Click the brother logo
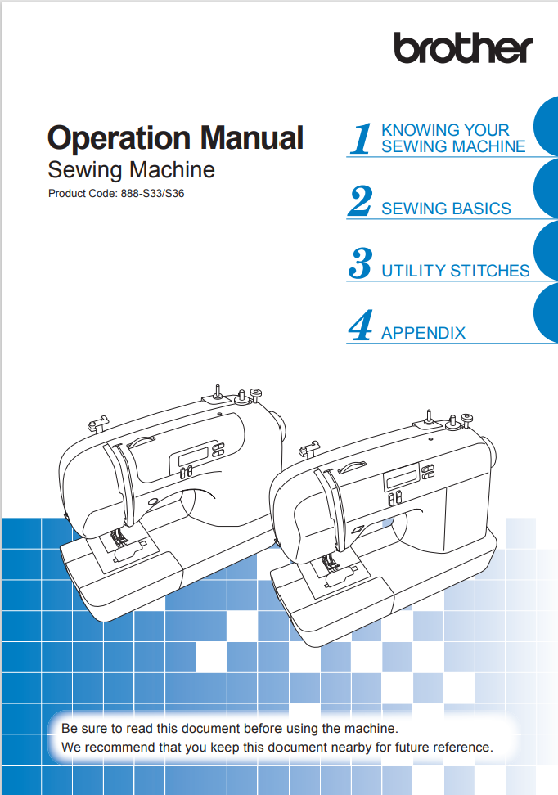point(464,48)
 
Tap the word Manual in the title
point(252,137)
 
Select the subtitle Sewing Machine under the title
point(132,170)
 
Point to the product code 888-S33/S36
point(152,194)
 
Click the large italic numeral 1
point(361,138)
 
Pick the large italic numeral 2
point(360,200)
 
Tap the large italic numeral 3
point(361,263)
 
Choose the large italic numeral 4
point(361,325)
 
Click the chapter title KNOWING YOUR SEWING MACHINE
point(453,138)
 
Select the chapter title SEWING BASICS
point(447,209)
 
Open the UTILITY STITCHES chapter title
point(456,271)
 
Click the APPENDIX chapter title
point(424,333)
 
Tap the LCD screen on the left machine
point(193,453)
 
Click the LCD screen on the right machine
point(402,478)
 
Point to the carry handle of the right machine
point(351,465)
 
